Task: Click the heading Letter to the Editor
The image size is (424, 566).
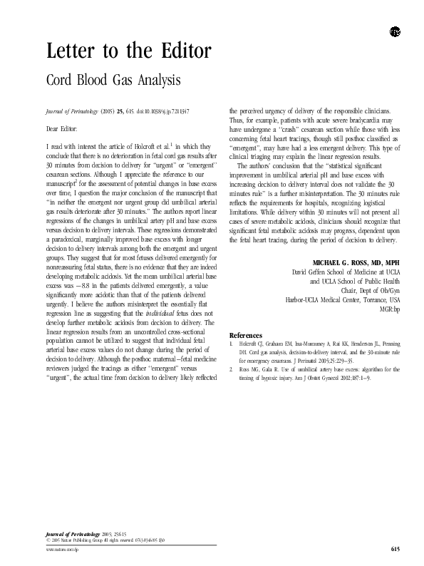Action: pos(128,52)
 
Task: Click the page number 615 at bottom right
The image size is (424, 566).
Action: pos(395,548)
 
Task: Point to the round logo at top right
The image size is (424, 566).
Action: pos(395,31)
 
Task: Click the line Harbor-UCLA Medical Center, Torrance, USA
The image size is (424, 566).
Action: pos(342,311)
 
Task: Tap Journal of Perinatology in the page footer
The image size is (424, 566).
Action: pos(70,534)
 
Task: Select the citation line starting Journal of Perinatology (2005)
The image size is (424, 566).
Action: pos(118,112)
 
